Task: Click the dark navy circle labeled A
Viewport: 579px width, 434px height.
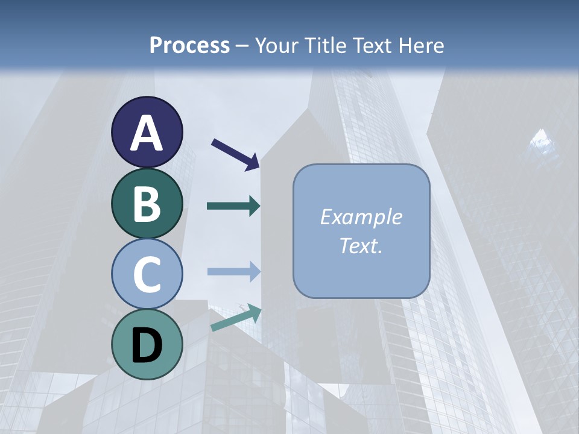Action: [x=147, y=132]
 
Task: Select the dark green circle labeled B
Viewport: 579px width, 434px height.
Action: [x=147, y=203]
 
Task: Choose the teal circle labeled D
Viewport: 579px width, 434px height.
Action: [x=147, y=344]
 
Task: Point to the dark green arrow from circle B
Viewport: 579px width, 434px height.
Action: [x=234, y=206]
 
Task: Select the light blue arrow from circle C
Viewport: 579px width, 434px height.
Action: [x=234, y=272]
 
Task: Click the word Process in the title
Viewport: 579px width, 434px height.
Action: [x=189, y=45]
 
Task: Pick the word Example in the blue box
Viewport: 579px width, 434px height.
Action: [x=361, y=217]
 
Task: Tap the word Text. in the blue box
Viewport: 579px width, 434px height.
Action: [x=361, y=245]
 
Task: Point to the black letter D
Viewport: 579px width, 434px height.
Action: [x=147, y=345]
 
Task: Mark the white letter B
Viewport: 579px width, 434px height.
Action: [x=147, y=204]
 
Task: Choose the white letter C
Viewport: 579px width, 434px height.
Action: [x=147, y=274]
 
